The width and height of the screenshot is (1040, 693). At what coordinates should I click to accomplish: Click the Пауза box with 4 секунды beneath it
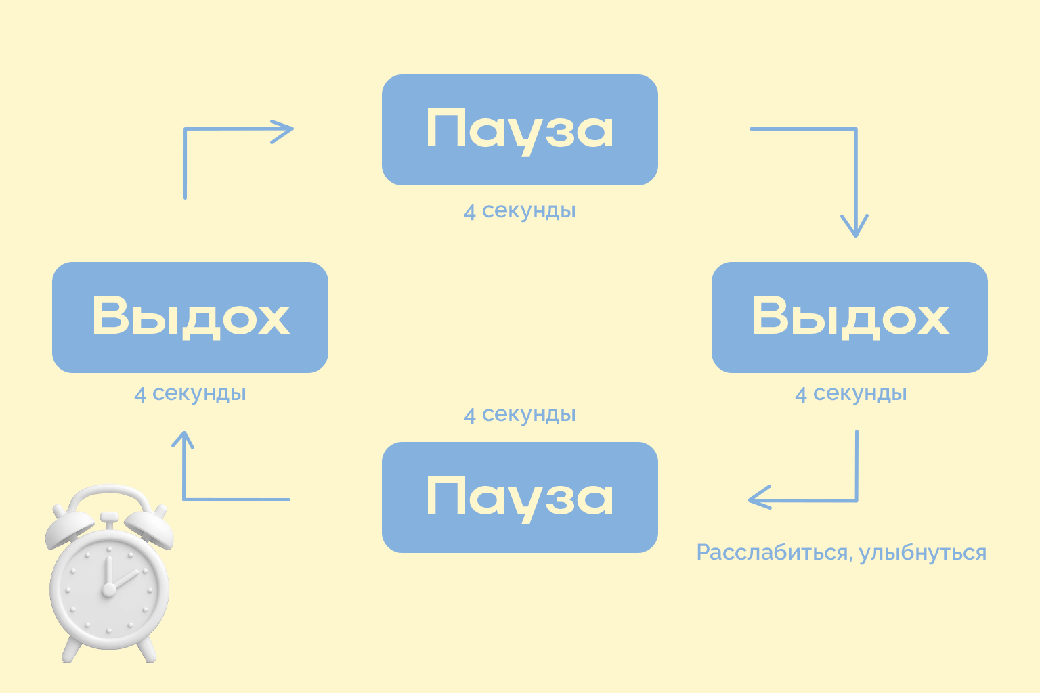(x=519, y=130)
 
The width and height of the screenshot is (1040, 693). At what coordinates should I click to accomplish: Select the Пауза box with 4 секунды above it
(x=519, y=497)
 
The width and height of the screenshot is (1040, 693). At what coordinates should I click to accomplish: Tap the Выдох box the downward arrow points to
(x=849, y=317)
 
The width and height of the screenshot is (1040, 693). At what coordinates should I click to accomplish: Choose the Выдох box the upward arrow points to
(x=190, y=317)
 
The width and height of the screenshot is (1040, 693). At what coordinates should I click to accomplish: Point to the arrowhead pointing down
(x=854, y=227)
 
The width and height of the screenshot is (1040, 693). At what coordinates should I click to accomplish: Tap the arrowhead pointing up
(x=183, y=441)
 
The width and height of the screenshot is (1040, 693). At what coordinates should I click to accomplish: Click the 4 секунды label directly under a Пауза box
(x=519, y=210)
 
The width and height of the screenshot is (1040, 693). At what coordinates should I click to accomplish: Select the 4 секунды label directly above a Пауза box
(x=519, y=414)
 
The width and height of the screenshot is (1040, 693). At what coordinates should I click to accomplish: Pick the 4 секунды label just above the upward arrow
(x=190, y=393)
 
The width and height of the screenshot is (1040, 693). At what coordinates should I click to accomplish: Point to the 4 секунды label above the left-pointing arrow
(x=850, y=393)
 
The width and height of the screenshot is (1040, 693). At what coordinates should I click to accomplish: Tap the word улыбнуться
(x=922, y=553)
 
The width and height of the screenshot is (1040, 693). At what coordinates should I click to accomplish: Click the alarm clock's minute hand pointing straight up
(x=107, y=572)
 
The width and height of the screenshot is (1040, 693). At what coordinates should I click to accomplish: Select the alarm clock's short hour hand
(x=125, y=581)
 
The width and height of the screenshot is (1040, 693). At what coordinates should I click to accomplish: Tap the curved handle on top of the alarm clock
(x=108, y=493)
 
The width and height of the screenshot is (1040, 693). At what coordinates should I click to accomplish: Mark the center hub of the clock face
(x=108, y=590)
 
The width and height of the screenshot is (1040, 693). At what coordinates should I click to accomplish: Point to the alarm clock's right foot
(x=147, y=652)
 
